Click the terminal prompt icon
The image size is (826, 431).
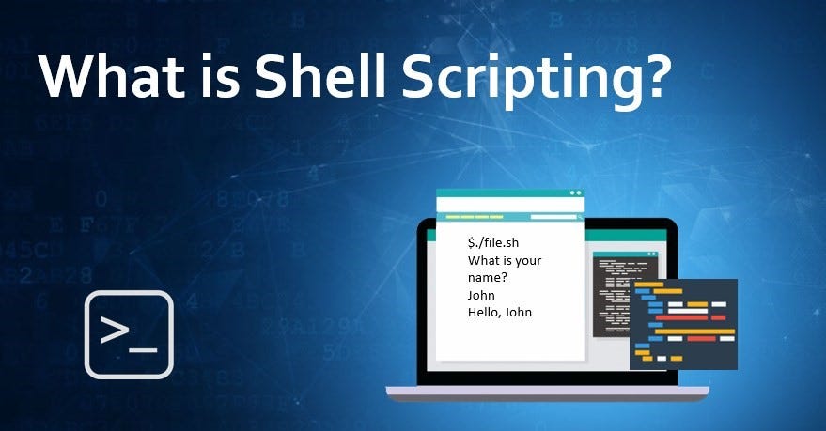coord(129,334)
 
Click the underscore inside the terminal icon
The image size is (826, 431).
coord(144,349)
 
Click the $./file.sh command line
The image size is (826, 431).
coord(493,243)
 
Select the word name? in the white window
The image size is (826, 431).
coord(487,278)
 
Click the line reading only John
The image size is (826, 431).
coord(481,295)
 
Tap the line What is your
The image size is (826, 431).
coord(504,260)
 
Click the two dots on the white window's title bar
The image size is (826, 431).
coord(568,193)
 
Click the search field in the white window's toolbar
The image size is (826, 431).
coord(553,217)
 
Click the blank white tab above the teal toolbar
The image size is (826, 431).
coord(510,204)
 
